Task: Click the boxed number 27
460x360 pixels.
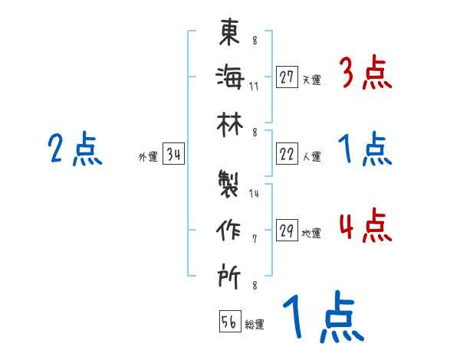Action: (287, 77)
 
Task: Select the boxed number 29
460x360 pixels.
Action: (287, 231)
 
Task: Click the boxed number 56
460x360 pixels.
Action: (230, 322)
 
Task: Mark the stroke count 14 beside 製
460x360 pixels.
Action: (254, 194)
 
